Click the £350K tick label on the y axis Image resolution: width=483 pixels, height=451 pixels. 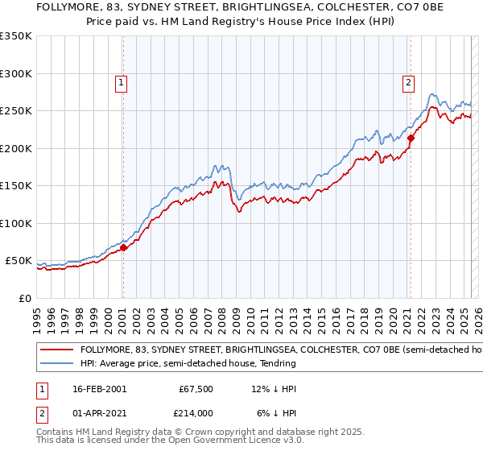pos(16,36)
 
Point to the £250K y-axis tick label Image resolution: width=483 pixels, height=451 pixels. pos(16,111)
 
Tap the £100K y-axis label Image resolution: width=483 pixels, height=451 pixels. pos(16,223)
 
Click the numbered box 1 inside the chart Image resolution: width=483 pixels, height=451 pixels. pos(121,81)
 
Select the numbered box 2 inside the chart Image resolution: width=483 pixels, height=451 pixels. pos(409,81)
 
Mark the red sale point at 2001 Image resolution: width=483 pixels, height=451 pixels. pos(123,248)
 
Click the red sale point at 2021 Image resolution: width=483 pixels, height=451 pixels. pos(410,139)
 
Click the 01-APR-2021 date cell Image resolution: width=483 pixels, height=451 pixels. pos(97,412)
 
